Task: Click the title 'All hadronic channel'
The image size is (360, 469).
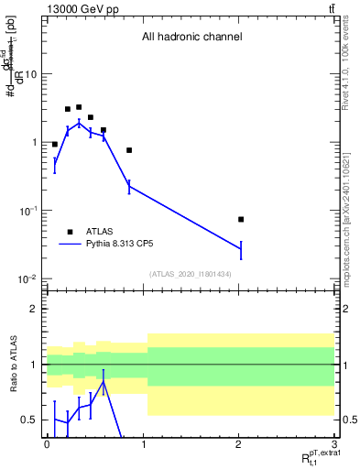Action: pos(191,38)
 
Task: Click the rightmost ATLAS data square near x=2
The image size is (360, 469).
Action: pos(241,219)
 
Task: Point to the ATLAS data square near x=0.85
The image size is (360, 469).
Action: pos(129,150)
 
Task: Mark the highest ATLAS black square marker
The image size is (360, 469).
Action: pos(79,107)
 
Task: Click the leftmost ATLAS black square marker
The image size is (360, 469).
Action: pos(55,145)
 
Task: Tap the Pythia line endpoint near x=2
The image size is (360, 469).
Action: pos(241,248)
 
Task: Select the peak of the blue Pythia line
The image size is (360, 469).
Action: pos(79,122)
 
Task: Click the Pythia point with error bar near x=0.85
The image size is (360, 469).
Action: pos(129,186)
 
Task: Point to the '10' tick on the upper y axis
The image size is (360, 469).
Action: pos(34,74)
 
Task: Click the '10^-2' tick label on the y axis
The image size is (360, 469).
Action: pos(30,278)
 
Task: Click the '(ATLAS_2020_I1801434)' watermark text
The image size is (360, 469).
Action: pos(191,275)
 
